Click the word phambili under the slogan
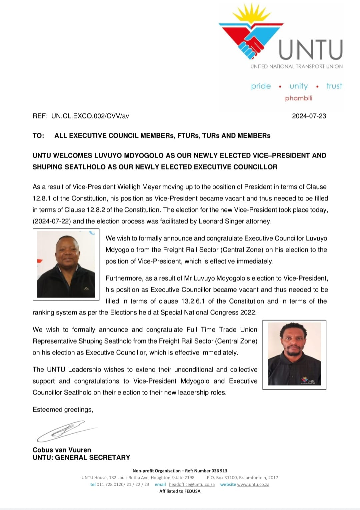[x=299, y=98]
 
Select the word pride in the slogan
[x=261, y=86]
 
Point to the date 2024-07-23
[x=309, y=116]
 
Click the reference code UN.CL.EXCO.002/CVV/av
[x=90, y=116]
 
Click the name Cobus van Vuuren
[x=62, y=450]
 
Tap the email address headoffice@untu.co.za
[x=191, y=484]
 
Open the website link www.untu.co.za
[x=253, y=484]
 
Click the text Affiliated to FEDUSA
[x=180, y=491]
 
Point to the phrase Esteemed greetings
[x=63, y=410]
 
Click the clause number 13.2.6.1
[x=193, y=301]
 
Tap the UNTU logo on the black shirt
[x=308, y=381]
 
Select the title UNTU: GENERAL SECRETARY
[x=81, y=457]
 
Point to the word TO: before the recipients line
[x=38, y=136]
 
